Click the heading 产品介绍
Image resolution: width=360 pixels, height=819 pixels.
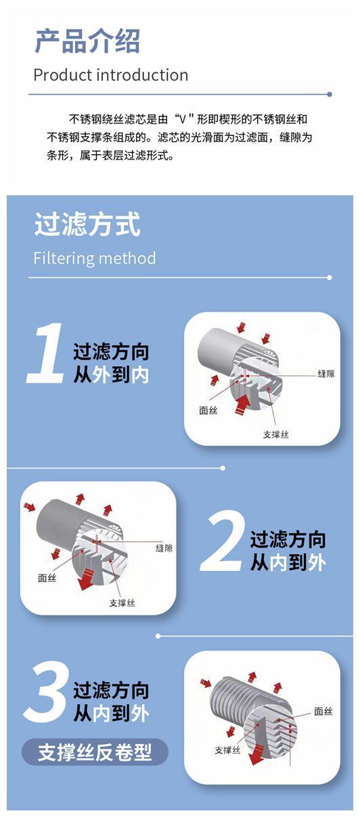pos(87,41)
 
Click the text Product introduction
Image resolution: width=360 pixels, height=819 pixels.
pos(111,75)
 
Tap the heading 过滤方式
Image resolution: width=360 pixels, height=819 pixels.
pos(87,224)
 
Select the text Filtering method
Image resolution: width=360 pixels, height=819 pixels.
pos(95,258)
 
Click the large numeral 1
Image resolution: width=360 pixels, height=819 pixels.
pos(46,353)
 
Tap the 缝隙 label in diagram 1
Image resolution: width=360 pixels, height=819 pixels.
pos(326,374)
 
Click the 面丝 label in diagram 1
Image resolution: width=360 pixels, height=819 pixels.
pos(208,411)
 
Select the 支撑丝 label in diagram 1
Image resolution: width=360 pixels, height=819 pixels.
pos(276,434)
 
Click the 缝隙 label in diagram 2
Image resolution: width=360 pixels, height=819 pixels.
pos(164,548)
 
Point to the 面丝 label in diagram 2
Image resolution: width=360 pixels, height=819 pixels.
pos(47,578)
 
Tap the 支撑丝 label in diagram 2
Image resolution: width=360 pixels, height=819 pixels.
pos(122,603)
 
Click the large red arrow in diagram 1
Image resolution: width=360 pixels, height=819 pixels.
pos(242,403)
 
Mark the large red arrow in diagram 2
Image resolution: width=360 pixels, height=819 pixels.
pos(87,578)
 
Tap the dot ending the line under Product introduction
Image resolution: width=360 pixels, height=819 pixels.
pos(330,94)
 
